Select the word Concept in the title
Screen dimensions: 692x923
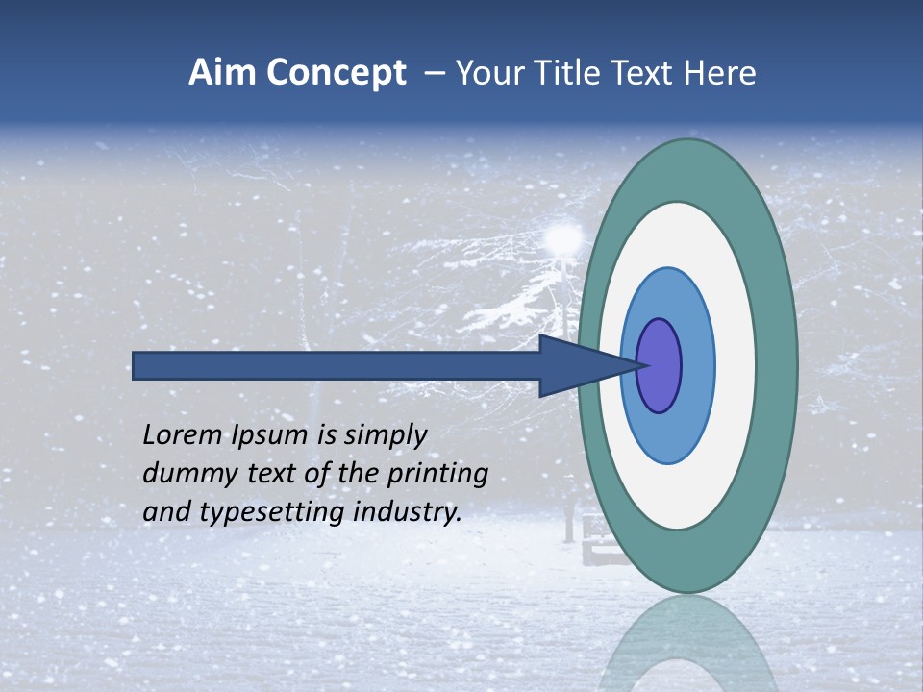pyautogui.click(x=336, y=74)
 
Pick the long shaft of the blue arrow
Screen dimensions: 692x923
pyautogui.click(x=337, y=365)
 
